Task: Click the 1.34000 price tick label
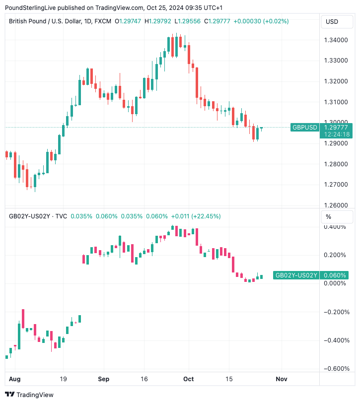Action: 336,40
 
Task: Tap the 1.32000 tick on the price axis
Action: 336,81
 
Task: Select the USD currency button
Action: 332,21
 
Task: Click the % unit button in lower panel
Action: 328,216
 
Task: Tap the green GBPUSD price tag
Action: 304,128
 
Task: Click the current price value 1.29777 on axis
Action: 336,128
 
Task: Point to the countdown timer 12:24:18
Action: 336,134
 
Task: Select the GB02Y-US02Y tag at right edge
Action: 296,275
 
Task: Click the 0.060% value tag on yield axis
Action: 335,275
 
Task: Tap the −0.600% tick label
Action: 336,369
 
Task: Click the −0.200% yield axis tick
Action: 336,312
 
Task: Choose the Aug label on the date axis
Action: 15,379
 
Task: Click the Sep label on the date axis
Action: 103,379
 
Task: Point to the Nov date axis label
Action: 281,379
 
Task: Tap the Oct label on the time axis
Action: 189,379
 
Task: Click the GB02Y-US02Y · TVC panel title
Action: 38,216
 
